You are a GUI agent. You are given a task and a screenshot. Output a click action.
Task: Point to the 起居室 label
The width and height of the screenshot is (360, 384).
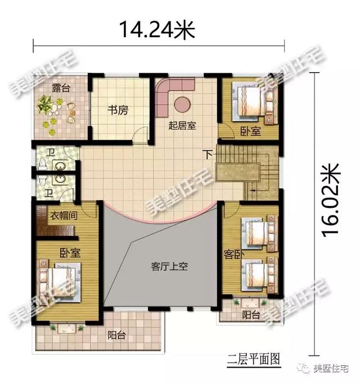pos(182,126)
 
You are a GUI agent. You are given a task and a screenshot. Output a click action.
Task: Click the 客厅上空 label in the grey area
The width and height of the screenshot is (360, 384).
pos(169,267)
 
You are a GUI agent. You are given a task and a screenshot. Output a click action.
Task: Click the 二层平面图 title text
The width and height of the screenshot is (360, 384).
pos(249,358)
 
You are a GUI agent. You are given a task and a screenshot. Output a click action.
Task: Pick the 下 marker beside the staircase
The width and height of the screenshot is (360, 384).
pos(208,154)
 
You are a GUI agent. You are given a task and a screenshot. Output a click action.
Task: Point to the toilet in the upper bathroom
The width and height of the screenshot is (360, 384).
pos(42,163)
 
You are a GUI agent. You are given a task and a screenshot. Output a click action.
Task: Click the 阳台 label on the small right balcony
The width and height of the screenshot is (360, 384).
pos(251,315)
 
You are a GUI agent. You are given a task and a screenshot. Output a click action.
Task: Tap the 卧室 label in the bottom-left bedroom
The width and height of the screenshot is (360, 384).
pos(67,252)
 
